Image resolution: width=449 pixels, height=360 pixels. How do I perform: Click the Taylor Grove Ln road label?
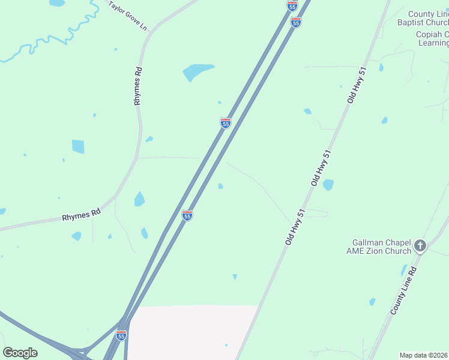click(127, 15)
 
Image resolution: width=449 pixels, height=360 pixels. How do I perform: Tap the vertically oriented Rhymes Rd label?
click(138, 86)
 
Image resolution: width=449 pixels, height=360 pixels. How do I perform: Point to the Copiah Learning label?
click(432, 38)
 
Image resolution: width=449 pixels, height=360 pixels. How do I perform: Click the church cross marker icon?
click(420, 246)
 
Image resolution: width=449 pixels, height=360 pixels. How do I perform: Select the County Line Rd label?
click(403, 292)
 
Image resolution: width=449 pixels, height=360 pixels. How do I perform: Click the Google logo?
click(20, 353)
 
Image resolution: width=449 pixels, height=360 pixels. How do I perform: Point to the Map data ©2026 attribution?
click(424, 355)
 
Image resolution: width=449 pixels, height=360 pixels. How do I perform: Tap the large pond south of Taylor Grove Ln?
click(197, 72)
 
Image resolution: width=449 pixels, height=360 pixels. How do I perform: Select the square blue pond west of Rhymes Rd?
click(78, 146)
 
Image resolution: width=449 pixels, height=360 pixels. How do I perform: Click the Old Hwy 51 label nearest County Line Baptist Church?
click(356, 85)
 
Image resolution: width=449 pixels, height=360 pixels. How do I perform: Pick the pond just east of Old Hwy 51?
click(328, 185)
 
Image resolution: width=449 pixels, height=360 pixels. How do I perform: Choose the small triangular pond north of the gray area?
click(235, 277)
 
